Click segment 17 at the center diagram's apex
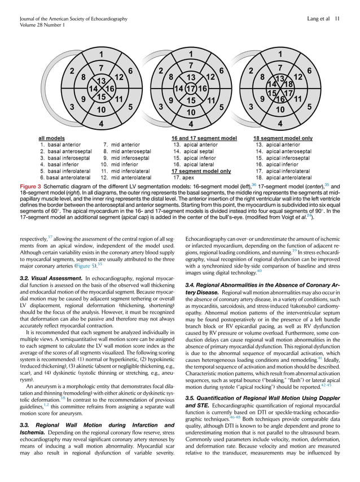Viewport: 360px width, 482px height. click(191, 89)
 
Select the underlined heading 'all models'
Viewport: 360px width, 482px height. click(51, 137)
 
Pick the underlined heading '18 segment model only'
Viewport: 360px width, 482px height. click(283, 137)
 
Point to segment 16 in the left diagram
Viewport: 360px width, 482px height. click(109, 89)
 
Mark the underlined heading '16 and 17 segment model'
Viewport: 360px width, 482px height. click(204, 137)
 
